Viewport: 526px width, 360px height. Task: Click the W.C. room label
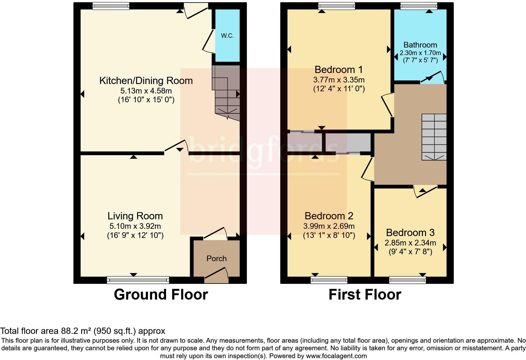coord(227,36)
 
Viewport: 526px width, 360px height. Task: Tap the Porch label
coord(216,258)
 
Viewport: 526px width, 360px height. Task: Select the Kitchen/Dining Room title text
coord(146,81)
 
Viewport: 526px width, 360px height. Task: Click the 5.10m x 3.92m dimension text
coord(135,226)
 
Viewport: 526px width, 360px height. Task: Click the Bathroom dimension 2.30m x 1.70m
coord(420,53)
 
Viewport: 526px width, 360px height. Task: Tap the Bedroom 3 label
coord(410,233)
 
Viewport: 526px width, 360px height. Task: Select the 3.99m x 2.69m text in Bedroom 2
coord(329,226)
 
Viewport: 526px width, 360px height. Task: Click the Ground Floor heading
coord(161,295)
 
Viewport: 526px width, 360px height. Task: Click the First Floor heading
coord(365,295)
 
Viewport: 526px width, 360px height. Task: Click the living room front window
coord(138,280)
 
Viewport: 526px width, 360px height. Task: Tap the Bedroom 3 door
coord(426,192)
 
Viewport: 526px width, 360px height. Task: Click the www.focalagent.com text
coord(336,356)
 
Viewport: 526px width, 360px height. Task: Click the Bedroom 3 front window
coord(407,280)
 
